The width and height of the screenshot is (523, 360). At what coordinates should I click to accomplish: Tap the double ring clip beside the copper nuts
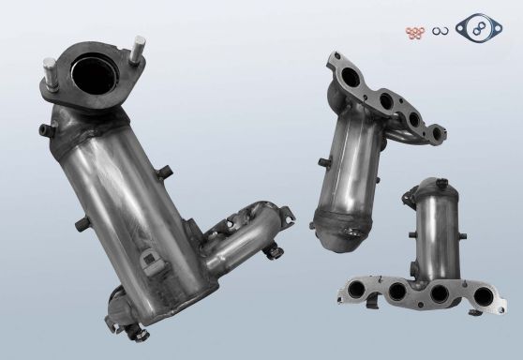(439, 35)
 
